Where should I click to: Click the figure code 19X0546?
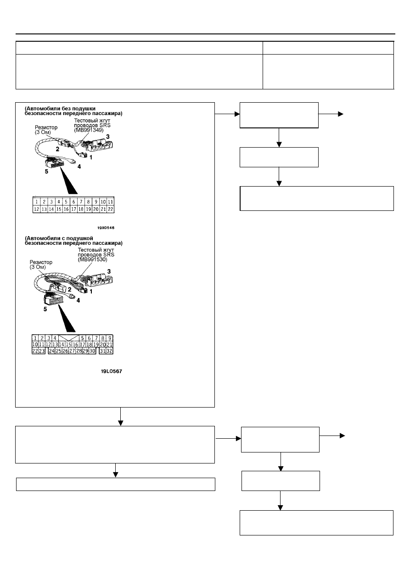coord(106,228)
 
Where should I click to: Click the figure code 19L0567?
coord(111,371)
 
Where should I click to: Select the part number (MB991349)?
coord(89,130)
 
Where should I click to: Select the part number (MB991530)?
coord(92,259)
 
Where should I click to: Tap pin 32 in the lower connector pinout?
coord(109,351)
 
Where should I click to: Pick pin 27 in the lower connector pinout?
coord(72,351)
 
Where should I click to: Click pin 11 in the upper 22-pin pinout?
coord(111,202)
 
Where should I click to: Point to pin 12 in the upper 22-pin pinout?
coord(36,209)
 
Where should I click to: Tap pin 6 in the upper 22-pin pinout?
coord(74,202)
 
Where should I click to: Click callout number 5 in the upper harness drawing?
coord(46,171)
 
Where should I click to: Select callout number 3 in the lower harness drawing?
coord(109,271)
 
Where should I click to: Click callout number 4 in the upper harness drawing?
coord(79,167)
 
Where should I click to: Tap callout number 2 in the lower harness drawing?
coord(69,290)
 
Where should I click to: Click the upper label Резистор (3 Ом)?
coord(46,130)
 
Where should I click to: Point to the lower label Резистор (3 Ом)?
coord(41,265)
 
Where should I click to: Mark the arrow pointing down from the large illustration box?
coord(121,416)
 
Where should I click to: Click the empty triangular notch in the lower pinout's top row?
coord(69,337)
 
